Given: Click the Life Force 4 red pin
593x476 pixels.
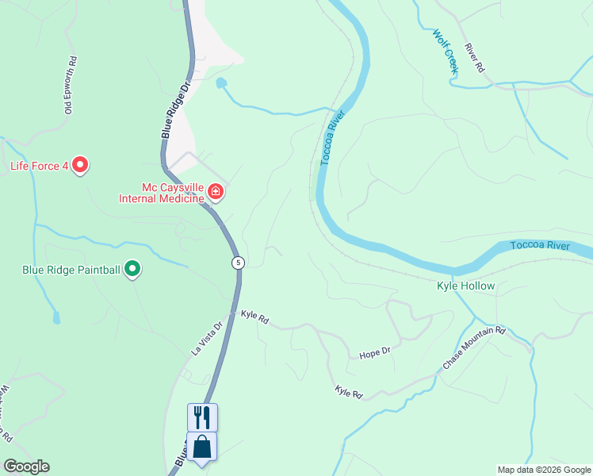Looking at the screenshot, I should (80, 165).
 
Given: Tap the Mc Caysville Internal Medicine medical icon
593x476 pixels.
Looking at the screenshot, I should (216, 190).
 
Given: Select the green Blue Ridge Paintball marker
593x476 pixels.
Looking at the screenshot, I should (133, 270).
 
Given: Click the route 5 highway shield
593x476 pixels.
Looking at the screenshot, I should (237, 263).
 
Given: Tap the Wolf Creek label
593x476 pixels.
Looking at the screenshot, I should (446, 52).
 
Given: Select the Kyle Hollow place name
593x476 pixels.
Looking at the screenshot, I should (466, 286).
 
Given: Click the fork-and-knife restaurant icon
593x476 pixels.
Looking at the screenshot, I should (202, 417).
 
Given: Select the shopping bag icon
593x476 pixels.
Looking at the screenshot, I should (202, 447).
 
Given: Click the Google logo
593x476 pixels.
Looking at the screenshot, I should (26, 466).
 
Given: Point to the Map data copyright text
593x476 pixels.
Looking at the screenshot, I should (543, 470).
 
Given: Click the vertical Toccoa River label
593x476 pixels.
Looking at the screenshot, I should (332, 139).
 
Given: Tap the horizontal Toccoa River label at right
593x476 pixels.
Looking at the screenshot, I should (540, 246).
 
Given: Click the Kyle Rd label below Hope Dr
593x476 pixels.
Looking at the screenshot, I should (348, 392).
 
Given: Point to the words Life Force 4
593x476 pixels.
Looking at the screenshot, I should (39, 166).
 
